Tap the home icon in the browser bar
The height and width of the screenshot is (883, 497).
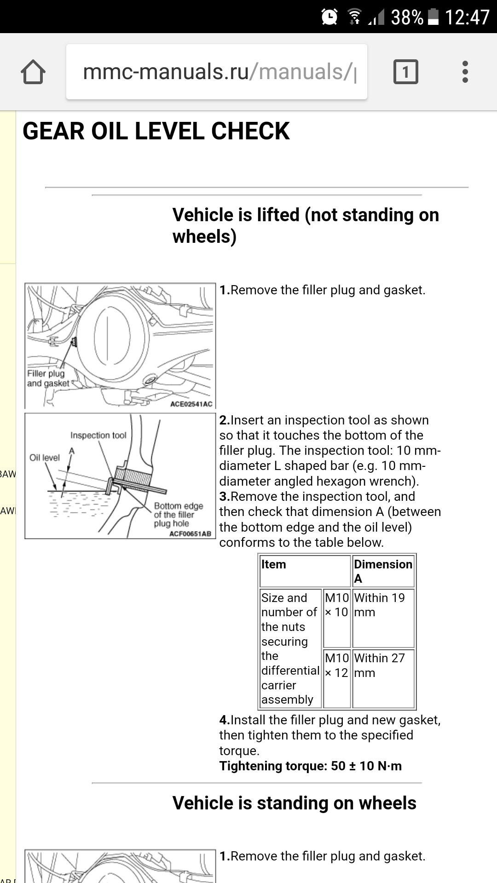pyautogui.click(x=33, y=72)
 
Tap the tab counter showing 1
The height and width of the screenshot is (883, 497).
pyautogui.click(x=405, y=72)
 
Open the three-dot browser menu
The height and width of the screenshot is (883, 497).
pyautogui.click(x=465, y=72)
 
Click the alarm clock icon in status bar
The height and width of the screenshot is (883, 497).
pyautogui.click(x=329, y=17)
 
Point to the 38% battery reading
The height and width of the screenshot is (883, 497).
pyautogui.click(x=407, y=17)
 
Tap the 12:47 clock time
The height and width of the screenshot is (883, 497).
pyautogui.click(x=467, y=17)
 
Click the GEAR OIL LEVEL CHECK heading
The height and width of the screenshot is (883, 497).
pyautogui.click(x=156, y=131)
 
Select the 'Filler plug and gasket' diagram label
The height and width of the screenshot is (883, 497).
pyautogui.click(x=47, y=378)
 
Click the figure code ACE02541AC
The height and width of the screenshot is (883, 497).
pyautogui.click(x=191, y=404)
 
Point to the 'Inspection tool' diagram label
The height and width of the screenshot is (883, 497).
pyautogui.click(x=98, y=435)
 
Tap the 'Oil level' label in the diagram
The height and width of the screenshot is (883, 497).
pyautogui.click(x=44, y=458)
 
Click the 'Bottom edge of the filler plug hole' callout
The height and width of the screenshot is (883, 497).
pyautogui.click(x=178, y=515)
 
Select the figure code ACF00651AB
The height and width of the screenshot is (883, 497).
pyautogui.click(x=190, y=533)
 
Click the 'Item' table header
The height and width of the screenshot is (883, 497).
pyautogui.click(x=273, y=564)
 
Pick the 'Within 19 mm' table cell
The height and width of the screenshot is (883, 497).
pyautogui.click(x=379, y=605)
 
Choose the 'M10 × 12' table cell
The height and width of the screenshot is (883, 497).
pyautogui.click(x=336, y=665)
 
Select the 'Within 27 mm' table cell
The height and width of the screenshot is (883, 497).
pyautogui.click(x=379, y=665)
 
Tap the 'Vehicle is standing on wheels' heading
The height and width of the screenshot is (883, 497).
pyautogui.click(x=294, y=803)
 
